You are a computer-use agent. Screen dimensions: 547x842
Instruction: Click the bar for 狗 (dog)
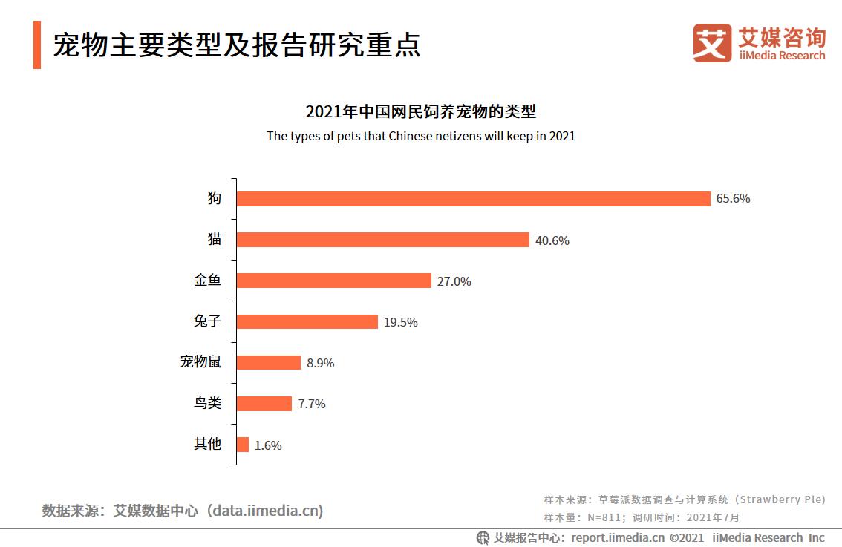pos(473,199)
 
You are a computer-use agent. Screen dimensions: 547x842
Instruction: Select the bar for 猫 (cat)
pos(382,240)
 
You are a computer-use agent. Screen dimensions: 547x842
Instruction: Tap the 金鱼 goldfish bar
pos(333,281)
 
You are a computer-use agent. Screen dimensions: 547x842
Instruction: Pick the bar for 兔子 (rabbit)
pos(307,321)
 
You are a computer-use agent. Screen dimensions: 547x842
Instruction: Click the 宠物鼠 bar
pos(268,362)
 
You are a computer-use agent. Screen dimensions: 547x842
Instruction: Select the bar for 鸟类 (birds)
pos(264,403)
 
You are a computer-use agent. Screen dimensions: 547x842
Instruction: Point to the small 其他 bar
pos(242,445)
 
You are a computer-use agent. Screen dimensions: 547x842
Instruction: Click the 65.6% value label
pos(733,199)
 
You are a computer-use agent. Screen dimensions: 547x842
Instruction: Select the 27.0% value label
pos(454,281)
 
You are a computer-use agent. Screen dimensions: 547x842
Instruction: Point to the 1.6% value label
pos(268,445)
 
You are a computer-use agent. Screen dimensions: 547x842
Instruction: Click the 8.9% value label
pos(320,363)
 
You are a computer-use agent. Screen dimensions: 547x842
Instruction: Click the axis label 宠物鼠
pos(200,362)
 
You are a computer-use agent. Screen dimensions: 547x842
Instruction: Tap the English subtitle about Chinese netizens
pos(420,136)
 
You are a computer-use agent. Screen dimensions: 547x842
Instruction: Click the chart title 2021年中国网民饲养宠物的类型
pos(420,112)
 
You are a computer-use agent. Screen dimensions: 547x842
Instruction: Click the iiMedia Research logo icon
pos(712,43)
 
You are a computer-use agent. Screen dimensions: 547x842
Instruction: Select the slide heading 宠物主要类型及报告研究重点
pos(236,45)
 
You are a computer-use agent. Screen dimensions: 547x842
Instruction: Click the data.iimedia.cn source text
pos(265,511)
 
